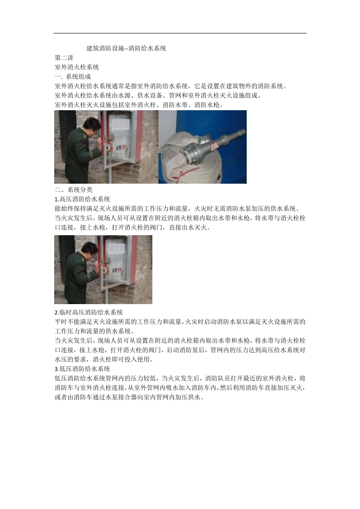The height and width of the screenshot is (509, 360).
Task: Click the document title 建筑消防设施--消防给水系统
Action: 126,48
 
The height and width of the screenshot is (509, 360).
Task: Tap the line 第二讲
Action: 64,58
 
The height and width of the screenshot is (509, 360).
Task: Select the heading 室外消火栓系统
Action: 77,67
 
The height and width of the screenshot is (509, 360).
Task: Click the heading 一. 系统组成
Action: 72,77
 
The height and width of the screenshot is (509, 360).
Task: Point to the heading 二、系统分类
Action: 74,190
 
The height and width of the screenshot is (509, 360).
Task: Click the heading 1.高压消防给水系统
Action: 82,199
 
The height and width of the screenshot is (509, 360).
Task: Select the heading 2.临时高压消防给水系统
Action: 88,312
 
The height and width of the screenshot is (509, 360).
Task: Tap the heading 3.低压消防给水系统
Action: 82,369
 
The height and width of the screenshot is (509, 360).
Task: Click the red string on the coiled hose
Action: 182,175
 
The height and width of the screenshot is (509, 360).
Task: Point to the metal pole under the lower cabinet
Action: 105,296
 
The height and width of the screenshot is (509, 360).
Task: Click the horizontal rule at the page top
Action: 180,33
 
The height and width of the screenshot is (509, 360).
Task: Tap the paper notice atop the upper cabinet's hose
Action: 119,124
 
